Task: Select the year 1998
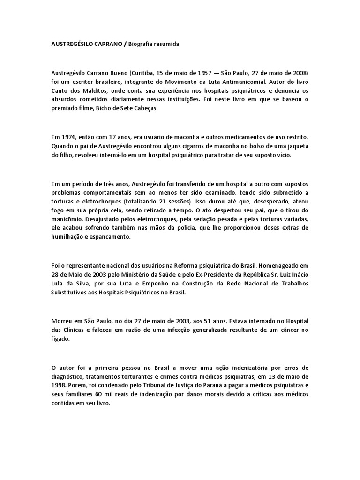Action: [x=60, y=384]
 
